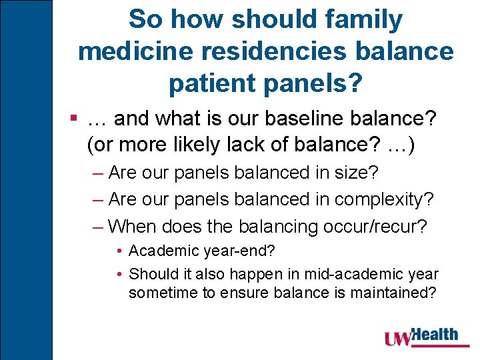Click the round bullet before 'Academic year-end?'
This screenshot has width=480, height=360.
119,251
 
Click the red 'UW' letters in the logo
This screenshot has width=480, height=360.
399,339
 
